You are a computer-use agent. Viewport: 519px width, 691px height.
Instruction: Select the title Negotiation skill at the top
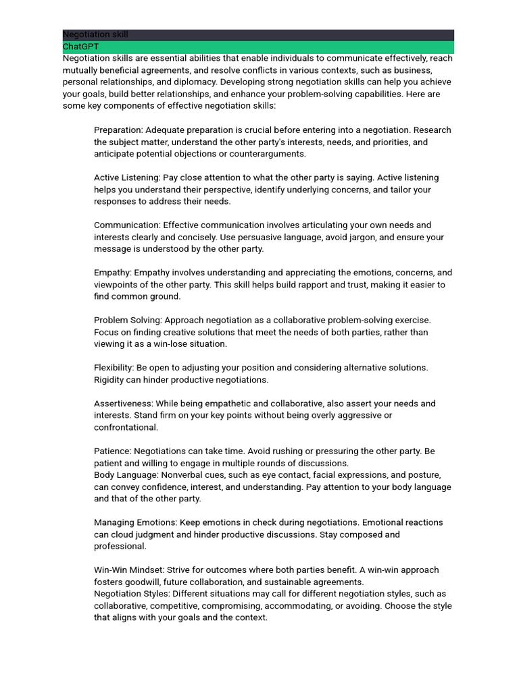coord(95,34)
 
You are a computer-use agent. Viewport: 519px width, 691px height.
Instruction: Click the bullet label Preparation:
coord(118,130)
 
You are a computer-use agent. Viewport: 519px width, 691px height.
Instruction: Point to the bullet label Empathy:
coord(112,273)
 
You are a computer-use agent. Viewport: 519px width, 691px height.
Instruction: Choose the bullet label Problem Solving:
coord(128,320)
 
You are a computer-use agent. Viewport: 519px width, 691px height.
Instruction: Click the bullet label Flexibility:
coord(114,368)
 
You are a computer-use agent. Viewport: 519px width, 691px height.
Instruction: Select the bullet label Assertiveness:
coord(124,404)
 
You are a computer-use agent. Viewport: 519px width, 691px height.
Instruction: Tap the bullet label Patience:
coord(112,451)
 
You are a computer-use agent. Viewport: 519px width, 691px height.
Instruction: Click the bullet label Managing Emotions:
coord(135,522)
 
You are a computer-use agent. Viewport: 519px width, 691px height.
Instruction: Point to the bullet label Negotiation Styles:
coord(132,594)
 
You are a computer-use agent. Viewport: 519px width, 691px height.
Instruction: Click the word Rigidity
coord(112,380)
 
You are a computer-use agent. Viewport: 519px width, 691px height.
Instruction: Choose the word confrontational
coord(126,427)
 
